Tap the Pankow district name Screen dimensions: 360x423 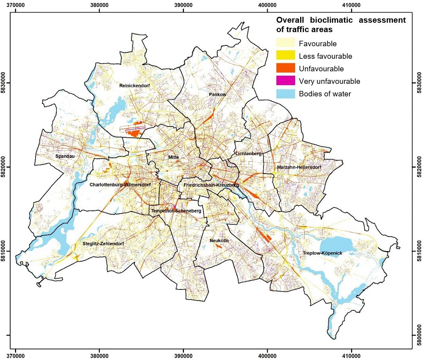[218, 95]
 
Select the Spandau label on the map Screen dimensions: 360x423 [65, 156]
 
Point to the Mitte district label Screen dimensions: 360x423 [173, 157]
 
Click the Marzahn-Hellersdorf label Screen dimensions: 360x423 [299, 167]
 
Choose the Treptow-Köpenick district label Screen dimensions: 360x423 [322, 253]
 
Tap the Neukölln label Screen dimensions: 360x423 [219, 241]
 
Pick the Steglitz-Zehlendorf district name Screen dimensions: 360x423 [103, 244]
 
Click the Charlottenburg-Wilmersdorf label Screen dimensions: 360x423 [120, 185]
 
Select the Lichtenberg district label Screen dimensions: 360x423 [248, 154]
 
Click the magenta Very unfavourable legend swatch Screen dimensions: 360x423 [286, 81]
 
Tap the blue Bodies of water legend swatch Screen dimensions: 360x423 [286, 94]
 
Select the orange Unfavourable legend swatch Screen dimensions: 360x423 [286, 69]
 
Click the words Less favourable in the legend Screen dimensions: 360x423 [325, 56]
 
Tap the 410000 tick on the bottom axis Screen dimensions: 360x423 [351, 356]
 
